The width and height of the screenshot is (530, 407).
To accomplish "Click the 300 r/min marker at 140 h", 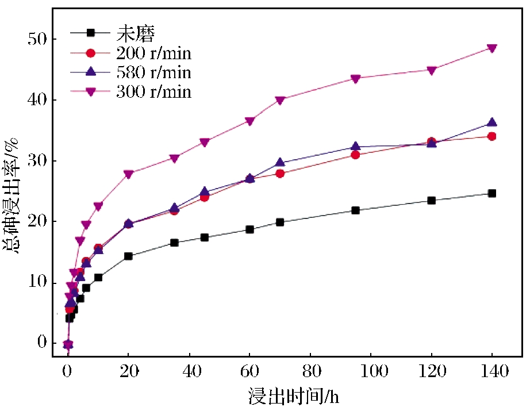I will (x=492, y=48).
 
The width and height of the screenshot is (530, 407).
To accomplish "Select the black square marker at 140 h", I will (x=492, y=194).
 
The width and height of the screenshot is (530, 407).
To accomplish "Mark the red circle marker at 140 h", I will (x=492, y=136).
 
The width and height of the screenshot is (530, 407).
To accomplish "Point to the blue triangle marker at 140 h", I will (x=492, y=122).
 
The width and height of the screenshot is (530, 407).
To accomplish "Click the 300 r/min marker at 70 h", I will (x=280, y=100).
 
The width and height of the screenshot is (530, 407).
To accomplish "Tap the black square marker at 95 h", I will (x=356, y=210).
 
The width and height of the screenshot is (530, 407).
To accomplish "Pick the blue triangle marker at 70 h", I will (x=280, y=162).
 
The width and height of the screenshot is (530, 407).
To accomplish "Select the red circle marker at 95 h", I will (x=356, y=155).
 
